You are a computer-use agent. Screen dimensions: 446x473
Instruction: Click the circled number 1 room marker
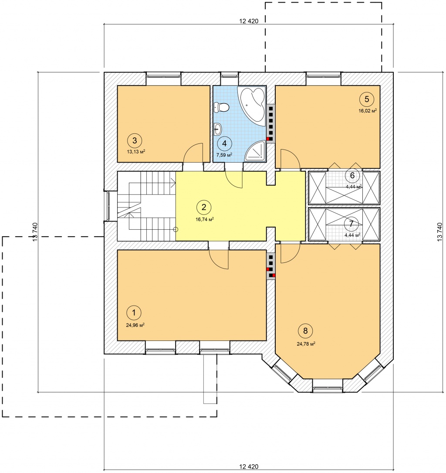[x=134, y=313]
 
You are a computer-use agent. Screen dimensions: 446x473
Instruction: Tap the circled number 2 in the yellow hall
[x=204, y=207]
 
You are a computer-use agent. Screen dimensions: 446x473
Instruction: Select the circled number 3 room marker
[x=135, y=140]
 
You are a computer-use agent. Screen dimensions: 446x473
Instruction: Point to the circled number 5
[x=367, y=99]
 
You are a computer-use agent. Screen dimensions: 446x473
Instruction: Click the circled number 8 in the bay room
[x=305, y=331]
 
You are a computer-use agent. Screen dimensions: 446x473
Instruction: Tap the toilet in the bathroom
[x=222, y=107]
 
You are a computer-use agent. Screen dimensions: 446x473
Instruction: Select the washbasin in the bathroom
[x=218, y=129]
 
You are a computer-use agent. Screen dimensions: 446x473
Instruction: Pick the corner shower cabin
[x=255, y=151]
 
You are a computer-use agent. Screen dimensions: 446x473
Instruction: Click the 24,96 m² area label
[x=135, y=325]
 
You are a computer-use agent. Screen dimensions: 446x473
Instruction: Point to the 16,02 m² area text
[x=368, y=111]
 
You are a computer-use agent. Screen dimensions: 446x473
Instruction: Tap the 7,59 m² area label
[x=224, y=155]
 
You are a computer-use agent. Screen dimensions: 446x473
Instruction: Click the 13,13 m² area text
[x=136, y=152]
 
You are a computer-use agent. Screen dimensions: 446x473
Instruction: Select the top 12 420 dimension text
[x=249, y=21]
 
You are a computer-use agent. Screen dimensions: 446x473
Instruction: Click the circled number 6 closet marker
[x=352, y=175]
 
